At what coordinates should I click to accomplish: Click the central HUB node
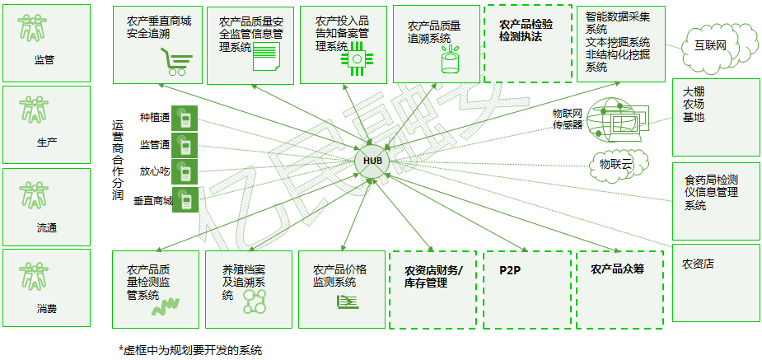point(372,160)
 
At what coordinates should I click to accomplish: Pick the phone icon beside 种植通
point(185,120)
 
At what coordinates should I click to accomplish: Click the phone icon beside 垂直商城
point(185,199)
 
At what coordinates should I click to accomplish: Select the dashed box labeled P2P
point(526,288)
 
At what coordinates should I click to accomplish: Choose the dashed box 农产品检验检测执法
point(526,43)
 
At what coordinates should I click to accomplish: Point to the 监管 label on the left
point(44,60)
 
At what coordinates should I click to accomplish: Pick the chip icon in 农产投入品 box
point(358,59)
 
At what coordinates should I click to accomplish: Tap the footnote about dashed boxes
point(190,350)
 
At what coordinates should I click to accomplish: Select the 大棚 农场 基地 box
point(715,116)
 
